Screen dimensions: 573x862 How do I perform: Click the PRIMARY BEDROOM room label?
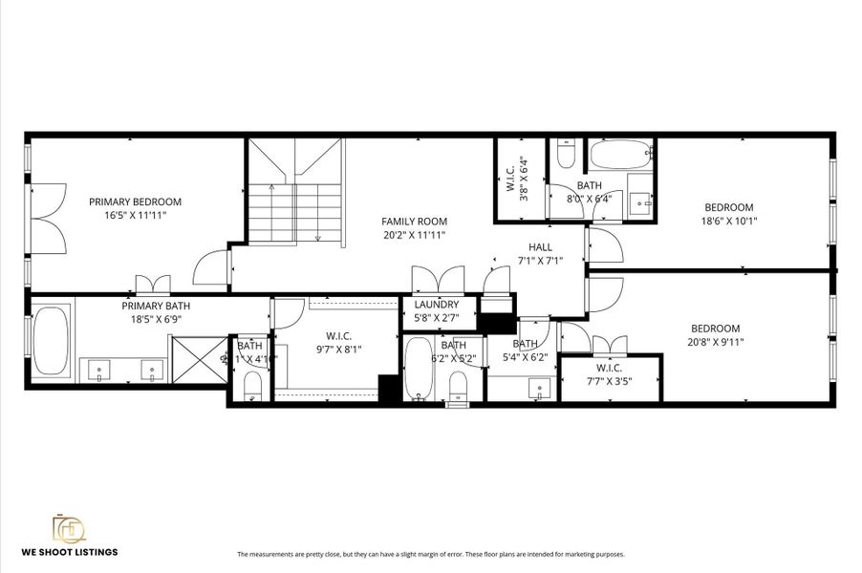(135, 202)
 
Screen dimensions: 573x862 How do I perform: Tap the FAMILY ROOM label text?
(414, 221)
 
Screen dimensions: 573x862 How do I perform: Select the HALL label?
(541, 247)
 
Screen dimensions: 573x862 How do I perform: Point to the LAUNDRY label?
(437, 305)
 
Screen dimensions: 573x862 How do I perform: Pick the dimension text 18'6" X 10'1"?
(729, 221)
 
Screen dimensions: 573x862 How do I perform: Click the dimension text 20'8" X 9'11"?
(716, 341)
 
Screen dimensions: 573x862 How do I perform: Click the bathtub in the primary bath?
(48, 336)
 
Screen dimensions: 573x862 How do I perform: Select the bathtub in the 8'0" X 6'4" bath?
(620, 154)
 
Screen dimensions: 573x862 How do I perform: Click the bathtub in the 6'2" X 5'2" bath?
(419, 371)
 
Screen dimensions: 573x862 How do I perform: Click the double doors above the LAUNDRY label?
(436, 282)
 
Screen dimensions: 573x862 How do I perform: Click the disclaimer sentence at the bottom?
(430, 554)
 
